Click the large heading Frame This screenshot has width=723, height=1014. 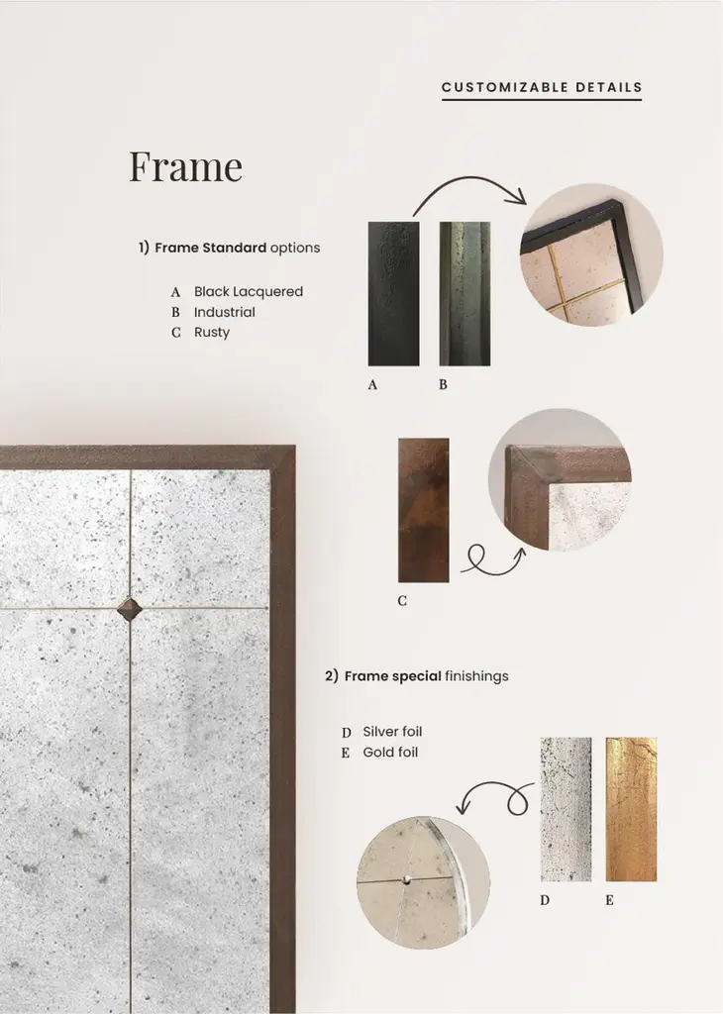coord(185,165)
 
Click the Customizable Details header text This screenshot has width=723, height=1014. coord(542,87)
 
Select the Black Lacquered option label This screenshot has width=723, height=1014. coord(249,292)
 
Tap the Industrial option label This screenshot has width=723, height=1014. coord(225,312)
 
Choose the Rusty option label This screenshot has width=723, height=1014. coord(212,333)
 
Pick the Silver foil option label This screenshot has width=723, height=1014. coord(392,732)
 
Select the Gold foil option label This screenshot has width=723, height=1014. coord(390,753)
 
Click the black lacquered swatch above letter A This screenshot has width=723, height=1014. coord(394,294)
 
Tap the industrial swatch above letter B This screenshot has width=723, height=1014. coord(465,294)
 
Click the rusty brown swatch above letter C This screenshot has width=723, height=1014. coord(424,510)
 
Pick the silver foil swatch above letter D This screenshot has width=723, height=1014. coord(566,809)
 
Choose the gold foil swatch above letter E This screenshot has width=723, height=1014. coord(631,809)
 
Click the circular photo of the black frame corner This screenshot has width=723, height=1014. coord(591,254)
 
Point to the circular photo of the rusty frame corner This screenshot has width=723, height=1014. coord(560,480)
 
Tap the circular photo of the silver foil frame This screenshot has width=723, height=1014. coord(423,882)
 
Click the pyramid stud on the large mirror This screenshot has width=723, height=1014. coord(129,609)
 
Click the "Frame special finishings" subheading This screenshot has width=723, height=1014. coord(417,676)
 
